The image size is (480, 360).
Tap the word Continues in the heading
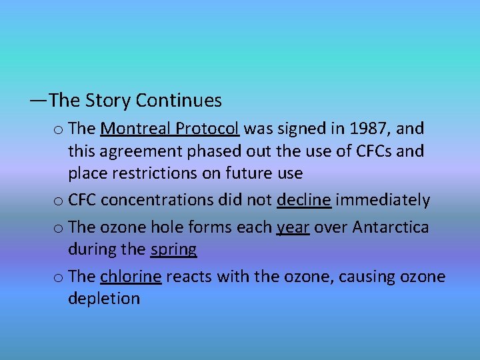(179, 101)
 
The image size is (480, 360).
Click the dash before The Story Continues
(37, 101)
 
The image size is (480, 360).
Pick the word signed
(306, 128)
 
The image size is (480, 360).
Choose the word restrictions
(147, 174)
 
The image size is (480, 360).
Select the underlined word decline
(304, 200)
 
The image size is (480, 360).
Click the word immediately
(383, 200)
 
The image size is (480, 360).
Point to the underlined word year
(293, 227)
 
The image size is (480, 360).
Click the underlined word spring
(173, 250)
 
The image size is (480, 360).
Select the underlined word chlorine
(131, 276)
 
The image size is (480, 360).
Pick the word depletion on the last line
(104, 299)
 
